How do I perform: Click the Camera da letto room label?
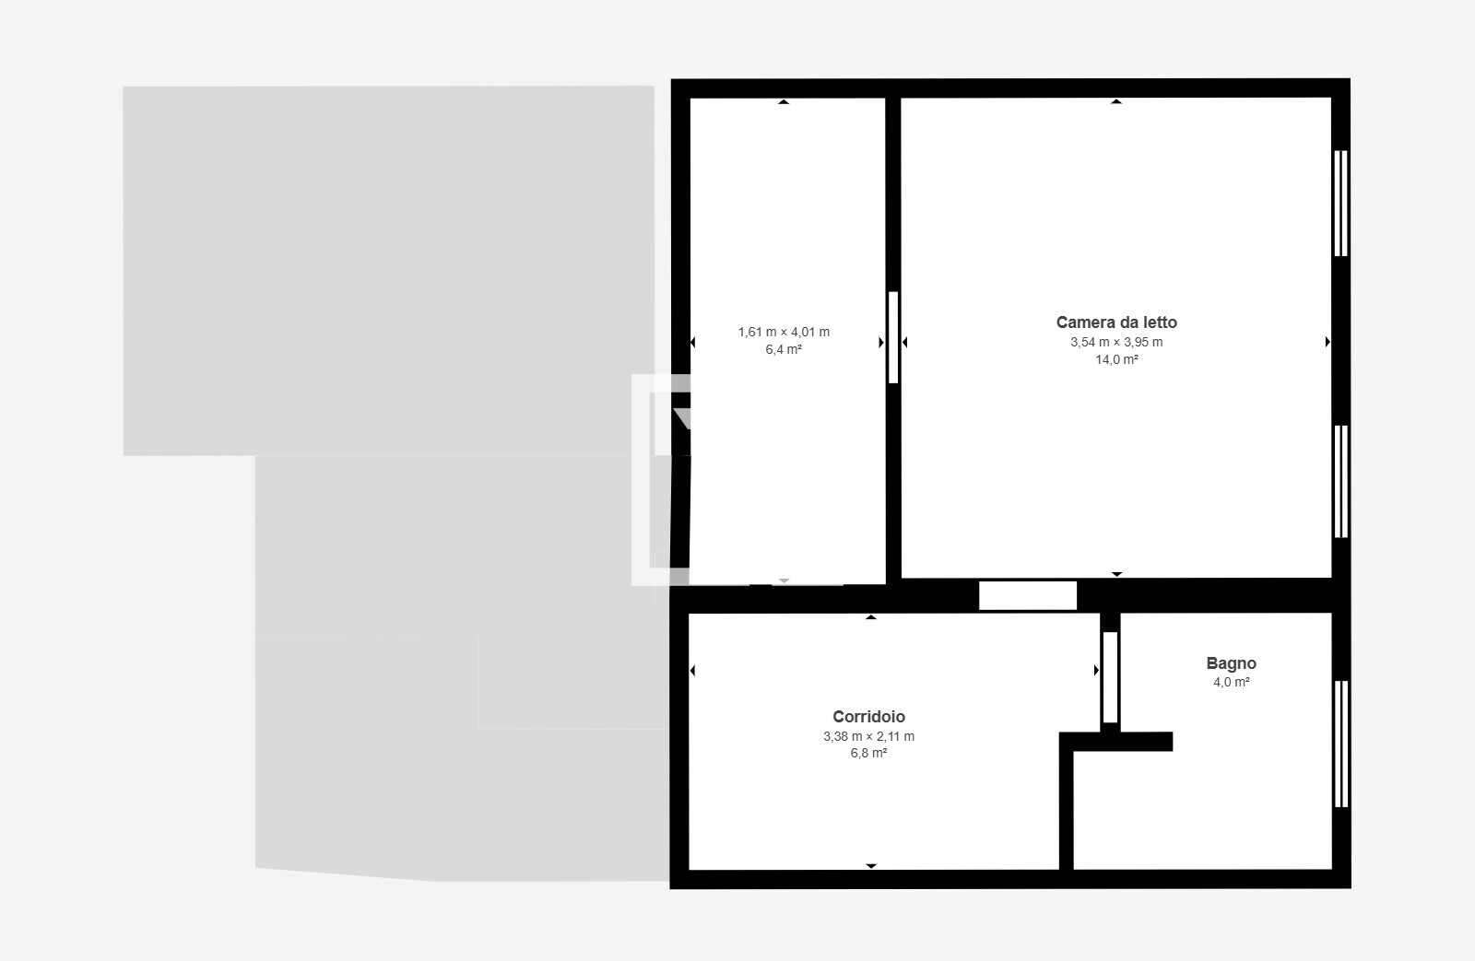tap(1116, 322)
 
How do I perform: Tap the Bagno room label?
tap(1232, 663)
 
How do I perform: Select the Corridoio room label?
tap(868, 716)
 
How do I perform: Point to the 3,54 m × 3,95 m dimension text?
tap(1116, 342)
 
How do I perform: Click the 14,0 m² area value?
tap(1116, 359)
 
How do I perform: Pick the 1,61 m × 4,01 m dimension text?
tap(784, 333)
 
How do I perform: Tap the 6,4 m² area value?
tap(784, 349)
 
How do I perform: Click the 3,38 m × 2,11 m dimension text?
tap(868, 736)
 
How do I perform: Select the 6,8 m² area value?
tap(868, 753)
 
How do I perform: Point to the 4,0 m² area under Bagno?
tap(1232, 682)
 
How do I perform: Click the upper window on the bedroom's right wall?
tap(1340, 204)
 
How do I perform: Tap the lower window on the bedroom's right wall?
tap(1340, 481)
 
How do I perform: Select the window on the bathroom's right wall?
tap(1340, 744)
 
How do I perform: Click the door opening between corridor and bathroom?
tap(1110, 677)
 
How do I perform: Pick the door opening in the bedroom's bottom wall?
tap(1028, 596)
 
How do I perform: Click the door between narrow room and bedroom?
tap(893, 337)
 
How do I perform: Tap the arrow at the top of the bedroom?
tap(1116, 101)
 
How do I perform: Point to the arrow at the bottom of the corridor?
tap(871, 866)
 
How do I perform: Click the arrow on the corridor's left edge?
tap(692, 671)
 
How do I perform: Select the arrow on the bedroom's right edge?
tap(1327, 342)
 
